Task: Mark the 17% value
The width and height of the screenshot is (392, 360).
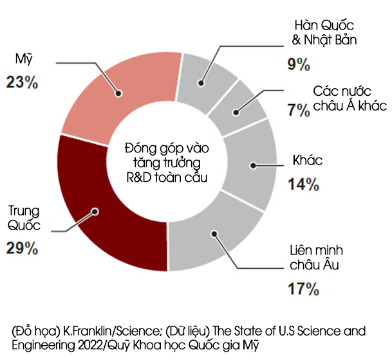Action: point(303,289)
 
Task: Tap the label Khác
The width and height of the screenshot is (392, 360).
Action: point(307,160)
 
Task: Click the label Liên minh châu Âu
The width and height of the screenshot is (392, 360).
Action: point(309,257)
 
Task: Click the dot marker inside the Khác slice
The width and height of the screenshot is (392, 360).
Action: point(254,165)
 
